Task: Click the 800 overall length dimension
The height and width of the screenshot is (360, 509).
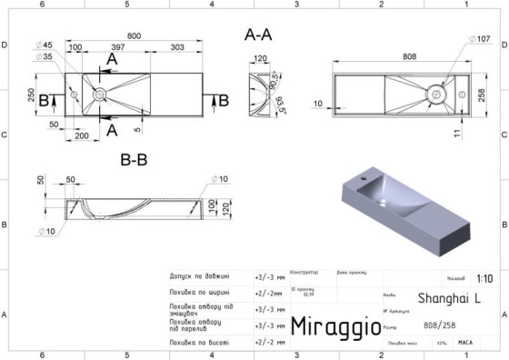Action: coord(134,35)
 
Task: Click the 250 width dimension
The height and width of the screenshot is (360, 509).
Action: coord(32,95)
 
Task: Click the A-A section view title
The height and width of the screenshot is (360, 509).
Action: coord(258,35)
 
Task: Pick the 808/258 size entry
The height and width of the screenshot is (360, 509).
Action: coord(440,326)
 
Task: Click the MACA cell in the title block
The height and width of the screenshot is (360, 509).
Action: coord(464,344)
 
